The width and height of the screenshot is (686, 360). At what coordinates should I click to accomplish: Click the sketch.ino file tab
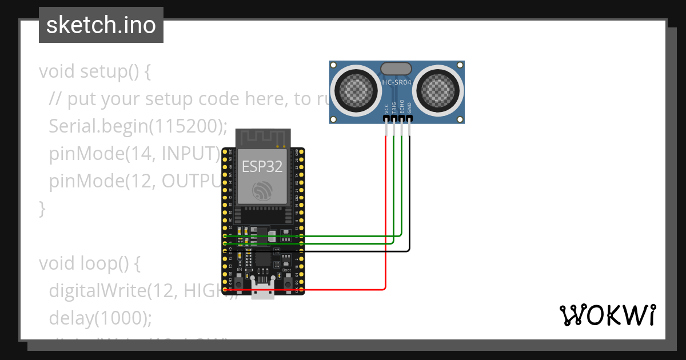tap(101, 25)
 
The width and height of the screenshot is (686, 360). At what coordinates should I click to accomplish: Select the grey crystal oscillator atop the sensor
tap(396, 69)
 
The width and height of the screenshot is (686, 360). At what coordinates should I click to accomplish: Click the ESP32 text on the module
tap(262, 166)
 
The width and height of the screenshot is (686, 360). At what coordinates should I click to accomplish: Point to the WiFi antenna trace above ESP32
tap(264, 138)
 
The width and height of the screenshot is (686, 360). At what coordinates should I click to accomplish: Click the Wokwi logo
tap(607, 315)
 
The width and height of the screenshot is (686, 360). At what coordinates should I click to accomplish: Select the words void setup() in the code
tap(94, 72)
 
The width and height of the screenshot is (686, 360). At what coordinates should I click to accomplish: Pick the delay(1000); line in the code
tap(101, 318)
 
